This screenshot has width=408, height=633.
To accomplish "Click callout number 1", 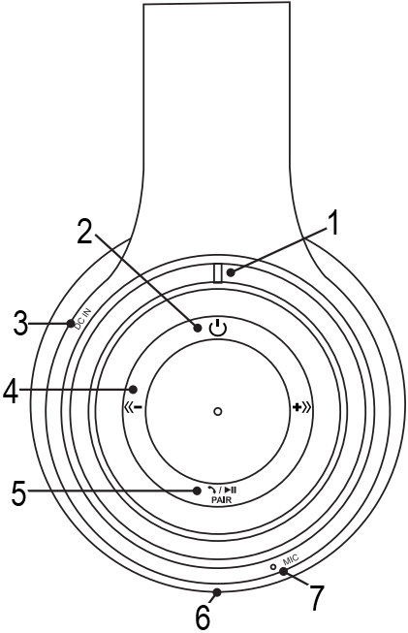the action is pos(333,224).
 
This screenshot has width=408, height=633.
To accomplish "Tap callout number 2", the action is pos(84,232).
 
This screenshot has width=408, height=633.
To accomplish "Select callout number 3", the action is pos(20,323).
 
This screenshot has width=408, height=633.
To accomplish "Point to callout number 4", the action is pos(11,392).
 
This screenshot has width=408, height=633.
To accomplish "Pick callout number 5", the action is pos(19,492).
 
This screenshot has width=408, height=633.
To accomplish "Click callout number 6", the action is pos(203,617).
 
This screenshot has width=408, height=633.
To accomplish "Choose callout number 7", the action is pos(316,598).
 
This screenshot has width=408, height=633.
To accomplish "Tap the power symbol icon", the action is pos(218,328).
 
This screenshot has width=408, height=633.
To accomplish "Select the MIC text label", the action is pos(290,560).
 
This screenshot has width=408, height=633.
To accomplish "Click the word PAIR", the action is pos(222,499).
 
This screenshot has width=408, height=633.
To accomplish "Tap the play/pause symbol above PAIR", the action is pos(231,491).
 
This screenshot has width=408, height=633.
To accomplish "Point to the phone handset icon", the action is pos(211,491).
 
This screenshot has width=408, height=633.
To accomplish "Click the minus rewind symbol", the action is pos(133,407).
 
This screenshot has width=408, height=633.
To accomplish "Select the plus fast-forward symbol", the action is pos(302,408).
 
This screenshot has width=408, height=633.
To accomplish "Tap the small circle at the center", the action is pos(218,411).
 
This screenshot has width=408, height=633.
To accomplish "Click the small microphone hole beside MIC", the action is pos(273,567).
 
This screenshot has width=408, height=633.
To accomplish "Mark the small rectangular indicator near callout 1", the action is pos(218,273).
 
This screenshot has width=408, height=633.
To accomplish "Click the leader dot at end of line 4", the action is pos(133,390).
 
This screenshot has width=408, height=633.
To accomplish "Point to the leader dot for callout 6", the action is pos(217,592).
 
